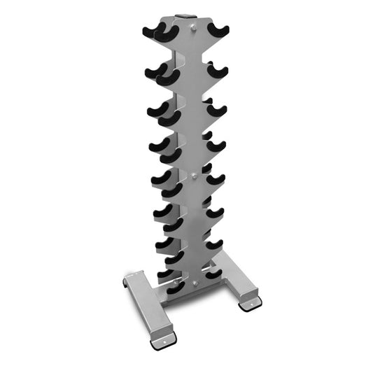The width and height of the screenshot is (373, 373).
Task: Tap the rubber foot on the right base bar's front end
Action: pyautogui.click(x=249, y=304)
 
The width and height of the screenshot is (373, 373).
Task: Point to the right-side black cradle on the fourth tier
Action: pyautogui.click(x=216, y=146)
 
